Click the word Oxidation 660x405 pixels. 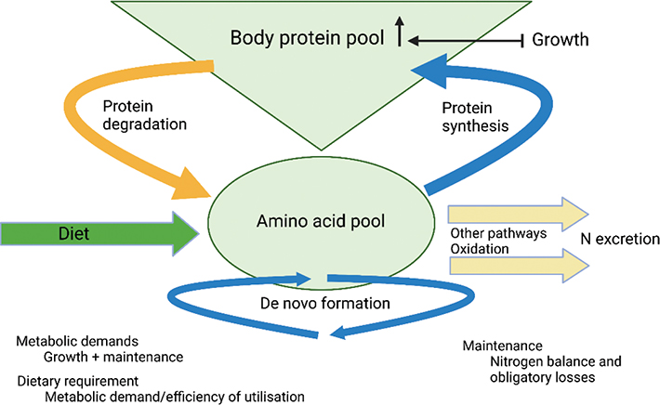[x=478, y=248]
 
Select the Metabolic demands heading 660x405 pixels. [x=73, y=341]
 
